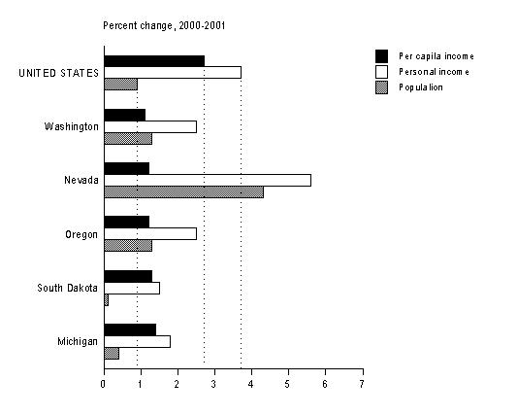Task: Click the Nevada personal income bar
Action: click(x=207, y=180)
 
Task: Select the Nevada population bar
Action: click(x=183, y=191)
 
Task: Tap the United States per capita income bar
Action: click(x=153, y=60)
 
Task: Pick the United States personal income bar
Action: click(x=172, y=72)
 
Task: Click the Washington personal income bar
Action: click(x=149, y=126)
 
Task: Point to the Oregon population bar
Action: click(x=127, y=245)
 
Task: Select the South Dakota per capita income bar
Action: click(x=127, y=276)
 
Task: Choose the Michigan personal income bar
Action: click(x=137, y=341)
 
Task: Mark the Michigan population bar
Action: click(x=111, y=353)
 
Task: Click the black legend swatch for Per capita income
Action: click(x=381, y=55)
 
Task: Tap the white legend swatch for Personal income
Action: click(x=381, y=71)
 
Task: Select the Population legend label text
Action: click(x=421, y=87)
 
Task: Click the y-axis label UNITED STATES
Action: click(x=59, y=73)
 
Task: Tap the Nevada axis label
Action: click(x=81, y=181)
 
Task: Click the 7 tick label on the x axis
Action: click(x=362, y=383)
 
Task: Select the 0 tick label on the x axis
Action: click(x=104, y=383)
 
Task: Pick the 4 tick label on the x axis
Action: click(x=251, y=383)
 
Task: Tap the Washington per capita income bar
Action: click(x=124, y=115)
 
